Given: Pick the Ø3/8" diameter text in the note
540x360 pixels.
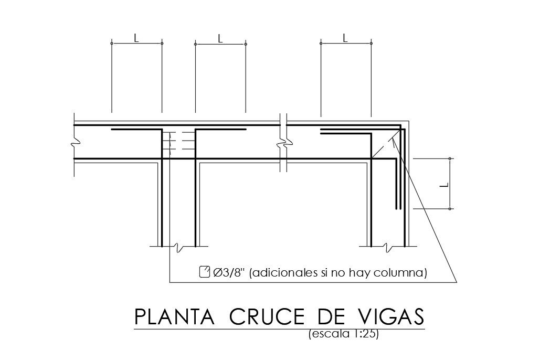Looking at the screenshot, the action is (x=229, y=272).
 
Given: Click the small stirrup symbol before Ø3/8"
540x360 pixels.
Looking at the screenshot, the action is (x=205, y=272).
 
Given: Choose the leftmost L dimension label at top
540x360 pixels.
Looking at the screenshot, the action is (x=136, y=38).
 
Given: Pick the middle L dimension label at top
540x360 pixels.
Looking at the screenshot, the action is (x=220, y=38).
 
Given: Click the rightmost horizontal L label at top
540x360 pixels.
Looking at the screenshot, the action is (x=345, y=38).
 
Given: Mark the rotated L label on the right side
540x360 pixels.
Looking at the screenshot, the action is (x=444, y=184).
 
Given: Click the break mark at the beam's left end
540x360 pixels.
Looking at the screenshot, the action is (x=75, y=141).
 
